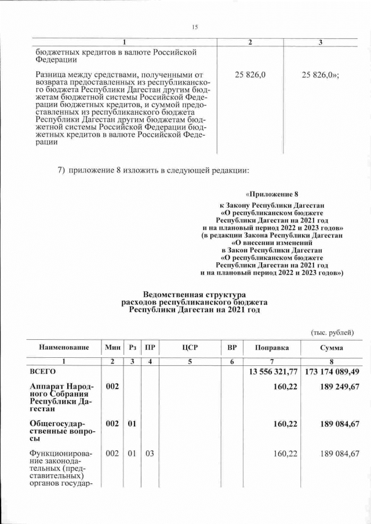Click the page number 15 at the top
pyautogui.click(x=195, y=27)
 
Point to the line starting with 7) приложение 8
pyautogui.click(x=154, y=170)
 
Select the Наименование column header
pyautogui.click(x=64, y=347)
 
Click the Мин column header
pyautogui.click(x=112, y=347)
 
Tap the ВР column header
pyautogui.click(x=231, y=347)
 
